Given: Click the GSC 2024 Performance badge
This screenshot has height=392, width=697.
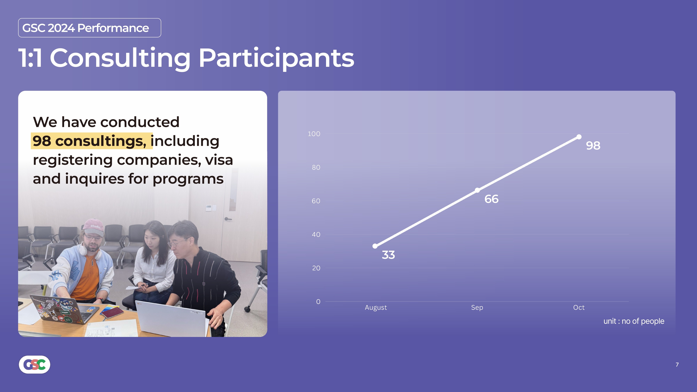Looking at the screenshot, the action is (90, 28).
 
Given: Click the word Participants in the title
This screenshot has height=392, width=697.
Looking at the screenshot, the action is (276, 58).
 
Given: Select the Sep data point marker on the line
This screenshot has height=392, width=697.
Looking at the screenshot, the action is (477, 190).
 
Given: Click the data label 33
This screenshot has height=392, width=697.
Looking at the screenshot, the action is (388, 255).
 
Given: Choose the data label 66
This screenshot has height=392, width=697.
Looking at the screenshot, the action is (491, 199).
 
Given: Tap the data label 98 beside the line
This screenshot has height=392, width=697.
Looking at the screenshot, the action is (593, 145).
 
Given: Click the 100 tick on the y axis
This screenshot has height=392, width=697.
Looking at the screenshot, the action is (314, 134).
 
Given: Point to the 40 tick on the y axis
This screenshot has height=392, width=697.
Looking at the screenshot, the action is (316, 235).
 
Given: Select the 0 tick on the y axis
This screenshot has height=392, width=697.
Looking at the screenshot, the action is (318, 302).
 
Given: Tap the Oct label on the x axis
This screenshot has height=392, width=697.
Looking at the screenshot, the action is (579, 307).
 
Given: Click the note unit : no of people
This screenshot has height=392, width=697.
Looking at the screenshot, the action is (634, 321).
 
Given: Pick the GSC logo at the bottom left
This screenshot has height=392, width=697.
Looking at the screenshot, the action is (34, 364).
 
